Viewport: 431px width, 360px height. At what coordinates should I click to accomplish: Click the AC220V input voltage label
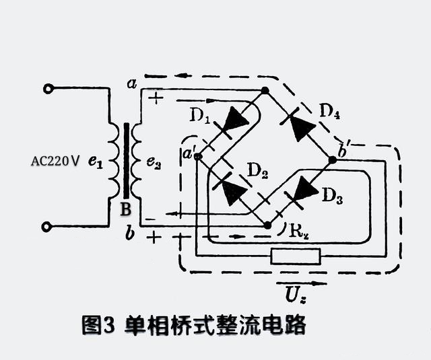tap(56, 161)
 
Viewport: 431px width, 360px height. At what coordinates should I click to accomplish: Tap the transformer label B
tap(125, 209)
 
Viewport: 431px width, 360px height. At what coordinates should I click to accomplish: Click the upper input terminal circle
tap(48, 89)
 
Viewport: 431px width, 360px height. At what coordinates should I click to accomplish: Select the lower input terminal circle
tap(48, 227)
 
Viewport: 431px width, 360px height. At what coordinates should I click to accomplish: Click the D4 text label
tap(329, 112)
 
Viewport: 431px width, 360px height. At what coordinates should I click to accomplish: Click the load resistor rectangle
tap(295, 256)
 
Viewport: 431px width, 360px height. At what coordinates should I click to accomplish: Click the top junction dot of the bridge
tap(265, 90)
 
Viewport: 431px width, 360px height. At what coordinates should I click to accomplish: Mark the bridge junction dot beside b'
tap(333, 160)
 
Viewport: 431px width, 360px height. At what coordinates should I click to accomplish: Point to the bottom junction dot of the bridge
tap(267, 225)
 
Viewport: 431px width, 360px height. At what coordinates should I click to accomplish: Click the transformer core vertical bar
tap(125, 161)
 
